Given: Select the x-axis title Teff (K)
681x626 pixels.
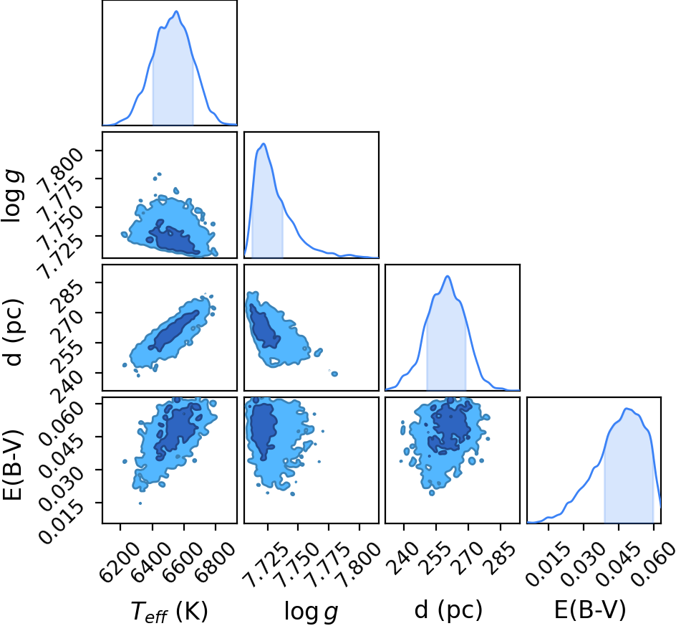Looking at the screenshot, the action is [x=170, y=611].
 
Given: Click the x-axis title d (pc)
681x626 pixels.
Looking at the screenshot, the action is [x=448, y=610].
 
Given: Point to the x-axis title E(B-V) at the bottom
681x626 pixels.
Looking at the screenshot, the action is [x=590, y=610].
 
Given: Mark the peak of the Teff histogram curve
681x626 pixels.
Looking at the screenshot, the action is [x=176, y=11].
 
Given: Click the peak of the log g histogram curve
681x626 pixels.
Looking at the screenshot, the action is [x=264, y=143].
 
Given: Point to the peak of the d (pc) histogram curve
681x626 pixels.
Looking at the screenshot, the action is [x=448, y=276].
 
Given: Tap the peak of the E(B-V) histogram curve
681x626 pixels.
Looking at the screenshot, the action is [x=627, y=409].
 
